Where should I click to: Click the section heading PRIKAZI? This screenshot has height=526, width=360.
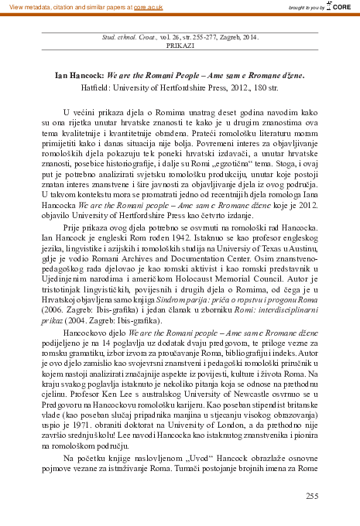180,46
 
